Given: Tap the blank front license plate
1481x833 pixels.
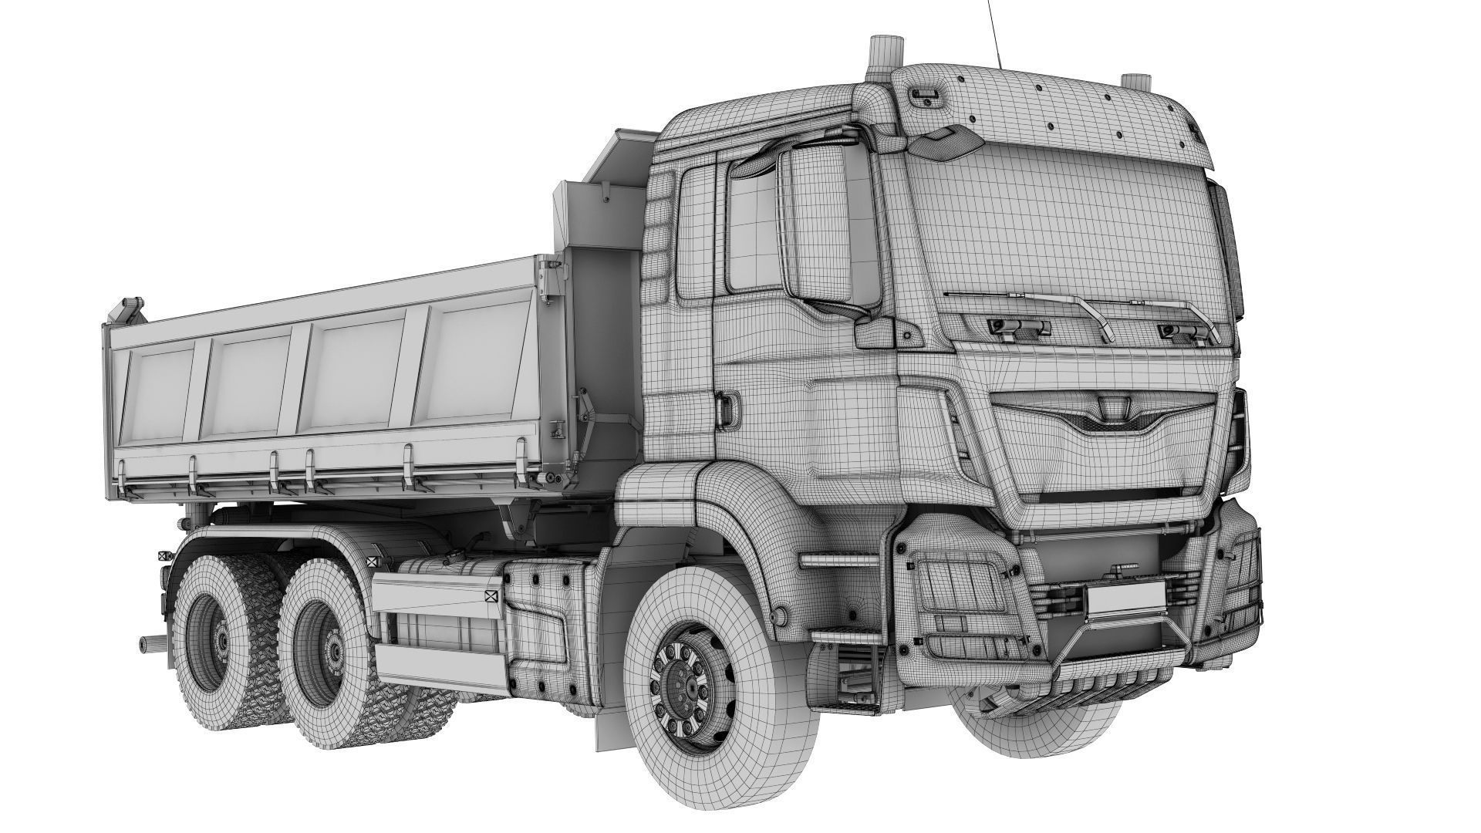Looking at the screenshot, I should point(1125,598).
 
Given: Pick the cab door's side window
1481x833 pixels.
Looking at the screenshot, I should point(751,231).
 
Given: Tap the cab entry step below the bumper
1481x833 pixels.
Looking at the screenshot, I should point(848,636).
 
